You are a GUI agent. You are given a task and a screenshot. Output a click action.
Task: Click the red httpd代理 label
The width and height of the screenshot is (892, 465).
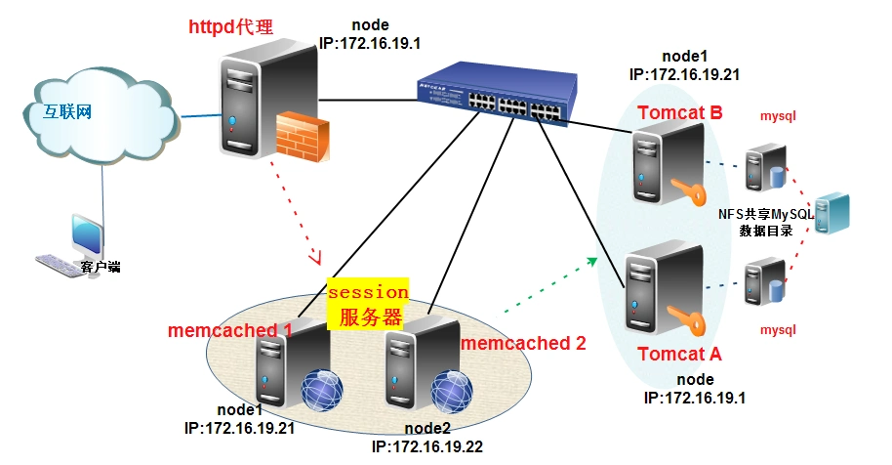(x=231, y=26)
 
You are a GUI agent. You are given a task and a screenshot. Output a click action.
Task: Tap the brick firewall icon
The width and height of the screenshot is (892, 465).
(x=299, y=138)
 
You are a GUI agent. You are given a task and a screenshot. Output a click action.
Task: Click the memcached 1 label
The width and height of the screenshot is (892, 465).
(x=230, y=330)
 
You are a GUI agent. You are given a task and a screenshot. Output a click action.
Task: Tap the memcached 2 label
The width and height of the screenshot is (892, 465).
(x=523, y=343)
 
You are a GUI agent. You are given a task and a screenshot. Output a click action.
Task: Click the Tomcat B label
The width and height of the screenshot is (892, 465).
(x=680, y=113)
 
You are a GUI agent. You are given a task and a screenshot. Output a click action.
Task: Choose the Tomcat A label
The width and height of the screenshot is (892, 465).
(x=680, y=353)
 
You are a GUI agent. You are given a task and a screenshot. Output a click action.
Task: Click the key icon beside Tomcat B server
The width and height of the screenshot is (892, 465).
(x=688, y=191)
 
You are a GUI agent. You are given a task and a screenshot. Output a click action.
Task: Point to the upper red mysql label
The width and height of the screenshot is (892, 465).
(x=778, y=116)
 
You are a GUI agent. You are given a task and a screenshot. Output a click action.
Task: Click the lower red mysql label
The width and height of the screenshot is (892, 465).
(x=778, y=329)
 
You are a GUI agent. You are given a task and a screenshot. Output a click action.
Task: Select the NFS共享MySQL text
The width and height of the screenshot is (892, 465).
(x=766, y=214)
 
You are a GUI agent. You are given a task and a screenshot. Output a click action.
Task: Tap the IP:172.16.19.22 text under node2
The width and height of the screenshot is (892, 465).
(x=427, y=445)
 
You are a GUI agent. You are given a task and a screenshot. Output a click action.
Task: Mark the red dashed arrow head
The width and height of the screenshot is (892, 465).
(x=315, y=258)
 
